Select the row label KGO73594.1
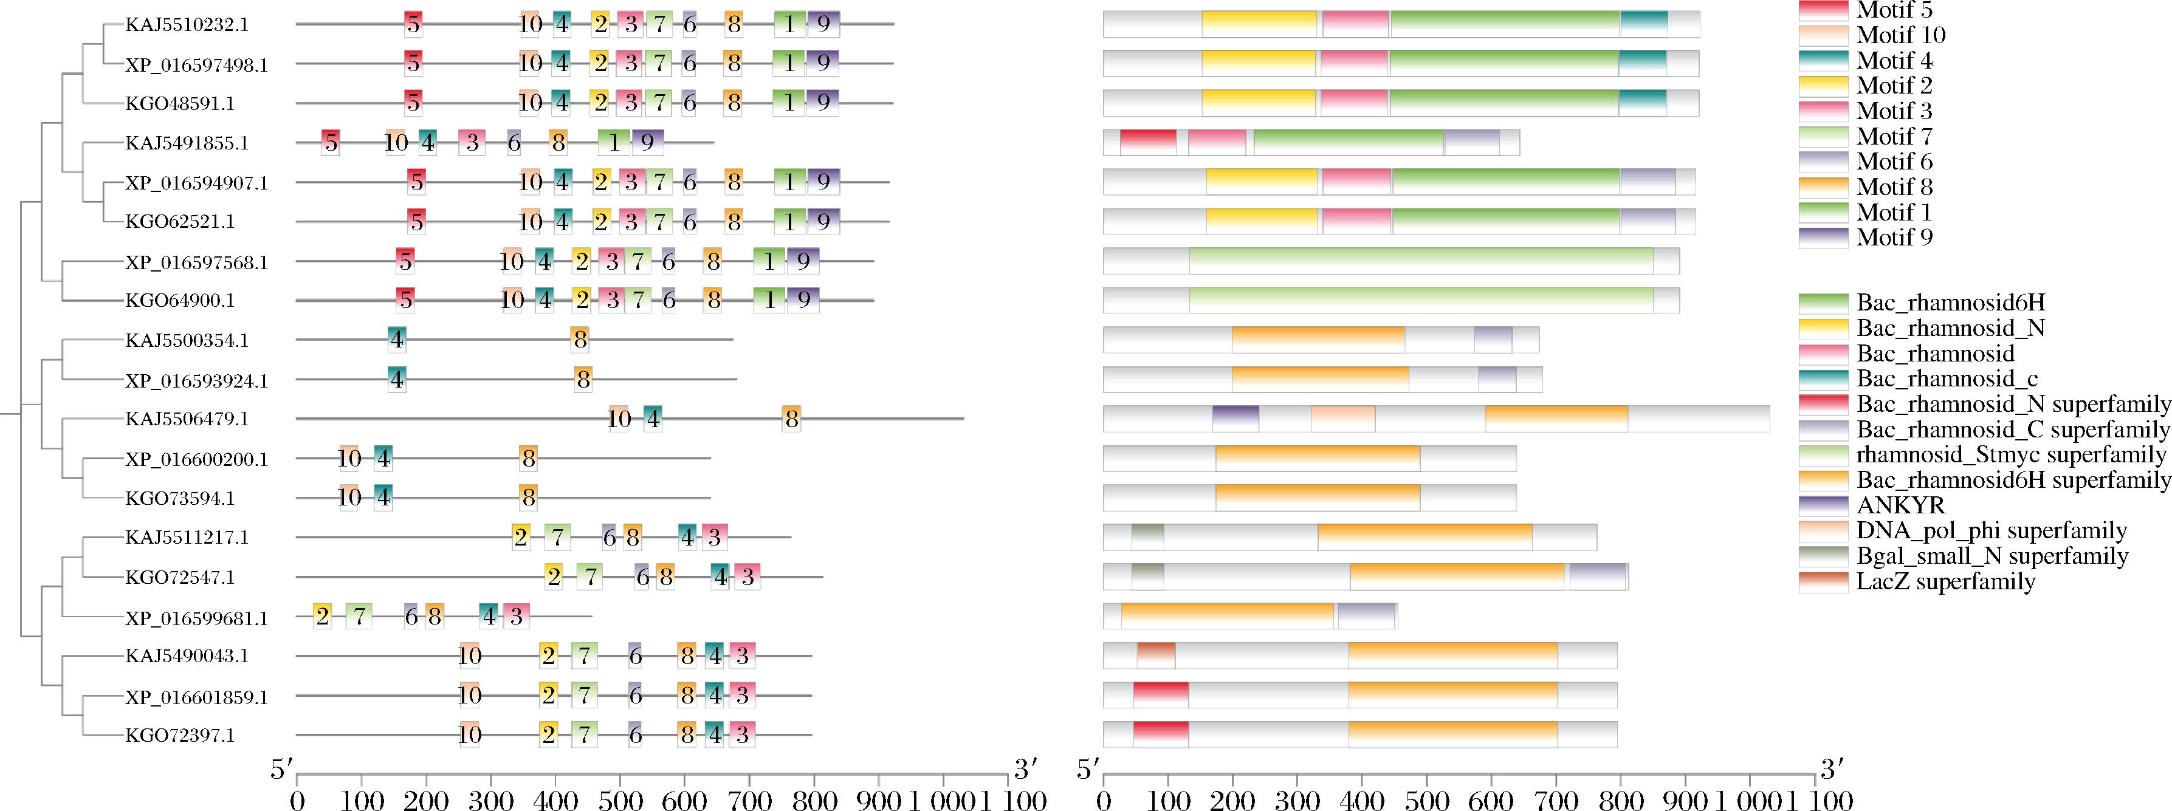[180, 498]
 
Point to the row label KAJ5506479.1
[187, 419]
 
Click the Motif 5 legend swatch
[1823, 10]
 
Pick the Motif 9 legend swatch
[1823, 238]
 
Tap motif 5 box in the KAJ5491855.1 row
[331, 143]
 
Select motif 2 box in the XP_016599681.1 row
[321, 616]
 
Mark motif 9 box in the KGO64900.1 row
[803, 299]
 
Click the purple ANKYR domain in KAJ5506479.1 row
[1235, 419]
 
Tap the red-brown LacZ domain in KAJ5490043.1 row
[1156, 655]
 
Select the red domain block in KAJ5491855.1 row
[1147, 143]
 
